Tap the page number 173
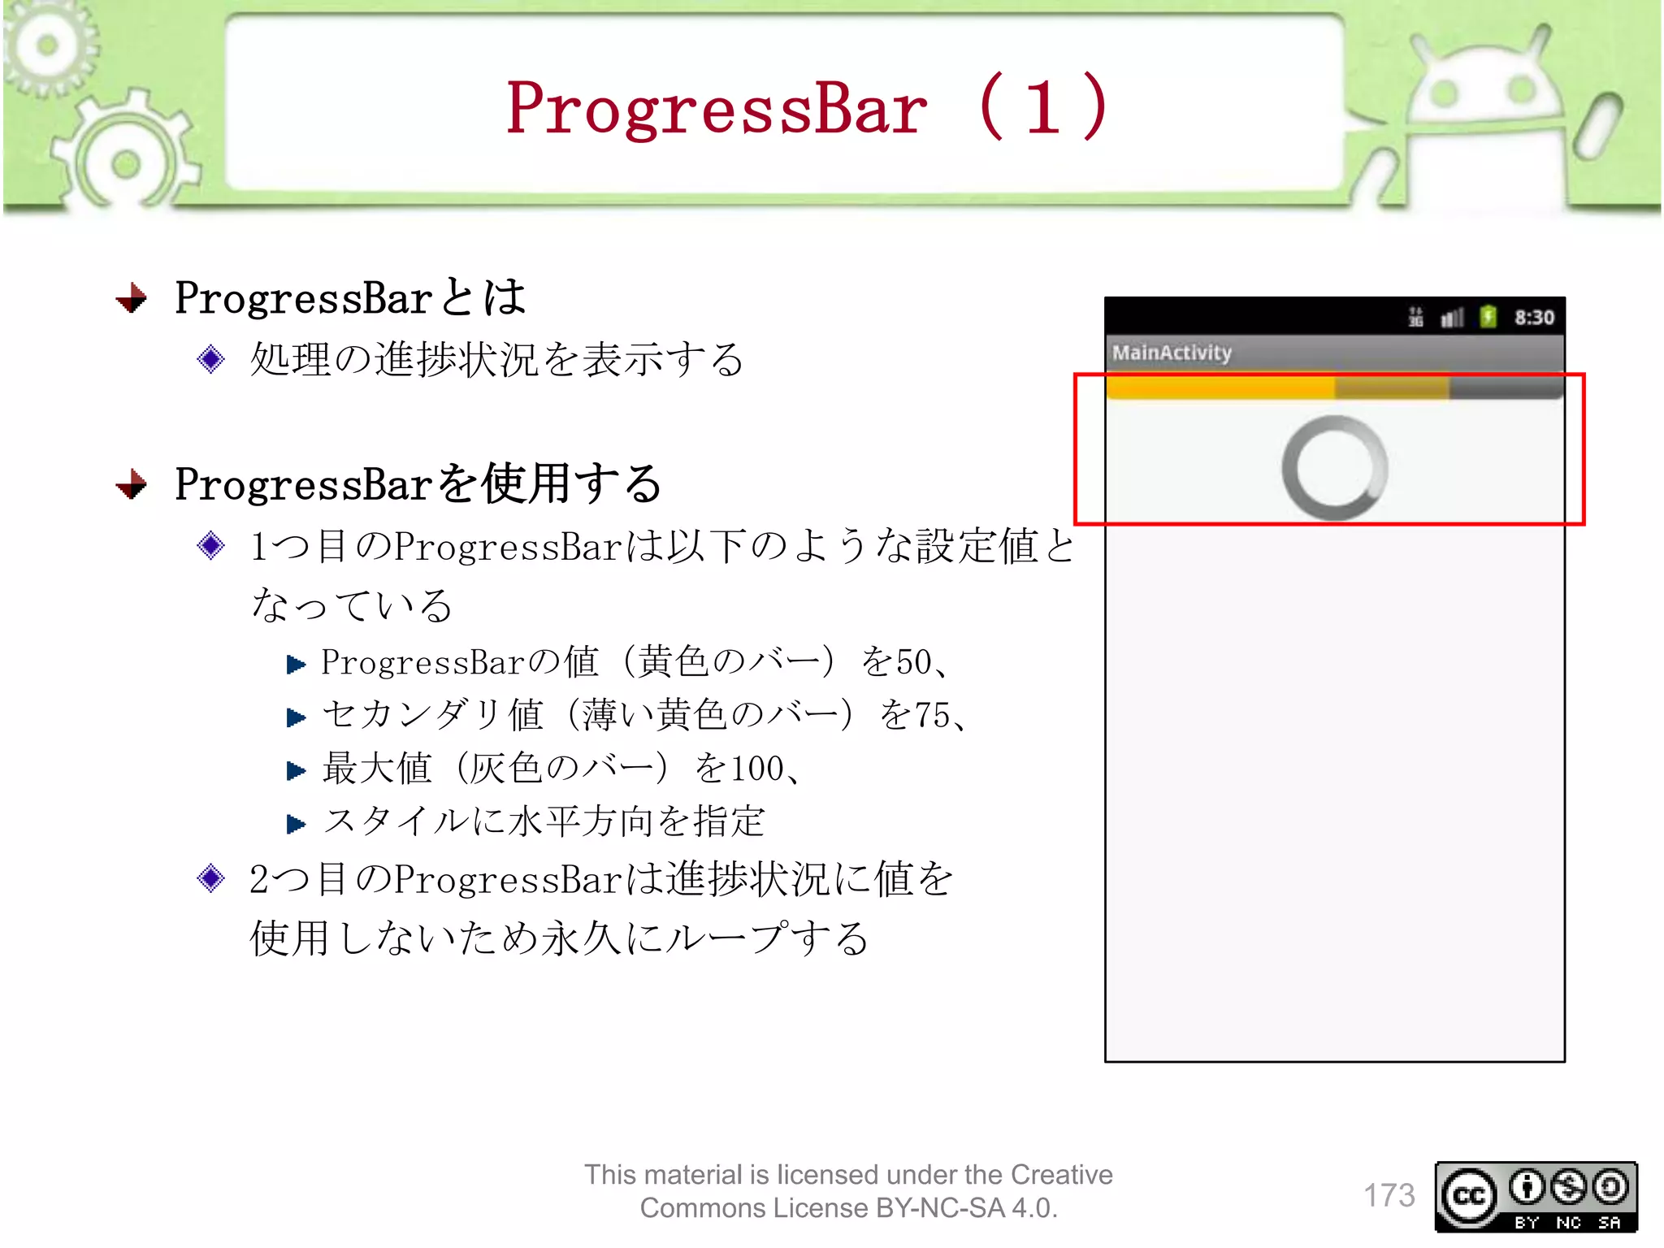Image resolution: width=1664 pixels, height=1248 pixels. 1389,1195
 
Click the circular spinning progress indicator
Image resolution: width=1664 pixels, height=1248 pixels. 1334,468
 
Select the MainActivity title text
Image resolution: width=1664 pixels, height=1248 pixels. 1172,353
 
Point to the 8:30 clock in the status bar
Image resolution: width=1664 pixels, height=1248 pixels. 1533,317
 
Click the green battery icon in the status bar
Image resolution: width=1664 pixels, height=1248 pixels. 1488,316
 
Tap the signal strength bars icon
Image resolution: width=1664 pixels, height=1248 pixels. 1451,317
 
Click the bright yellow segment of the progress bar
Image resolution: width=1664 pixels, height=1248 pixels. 1219,388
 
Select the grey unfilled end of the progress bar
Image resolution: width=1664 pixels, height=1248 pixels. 1505,388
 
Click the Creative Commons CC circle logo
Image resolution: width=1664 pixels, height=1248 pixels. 1468,1196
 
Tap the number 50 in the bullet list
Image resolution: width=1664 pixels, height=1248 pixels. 912,662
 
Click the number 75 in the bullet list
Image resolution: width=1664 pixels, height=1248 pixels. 932,716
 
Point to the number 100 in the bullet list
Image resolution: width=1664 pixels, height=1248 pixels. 757,769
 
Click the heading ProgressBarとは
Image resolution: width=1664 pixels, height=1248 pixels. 350,297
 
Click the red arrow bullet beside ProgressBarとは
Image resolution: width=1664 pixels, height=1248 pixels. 132,298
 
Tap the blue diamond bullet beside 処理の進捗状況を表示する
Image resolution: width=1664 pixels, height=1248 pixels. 210,358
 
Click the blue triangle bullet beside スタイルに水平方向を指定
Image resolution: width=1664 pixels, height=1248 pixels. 296,824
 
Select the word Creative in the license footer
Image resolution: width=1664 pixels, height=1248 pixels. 1061,1175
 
